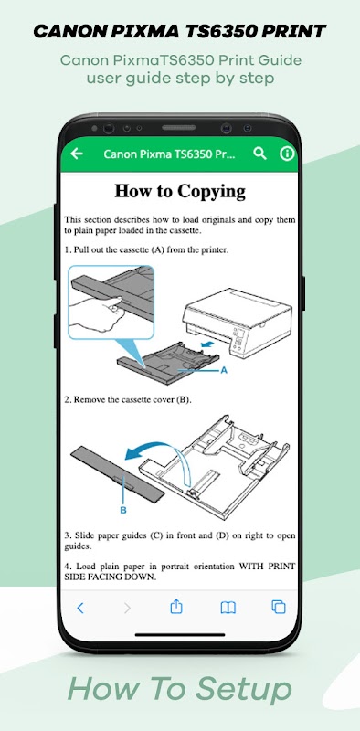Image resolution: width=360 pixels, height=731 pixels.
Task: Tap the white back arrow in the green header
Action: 77,154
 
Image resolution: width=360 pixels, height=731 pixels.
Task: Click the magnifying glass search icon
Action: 259,154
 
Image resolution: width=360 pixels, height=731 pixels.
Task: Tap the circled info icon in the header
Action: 287,154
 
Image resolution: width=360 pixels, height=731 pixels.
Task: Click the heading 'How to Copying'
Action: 180,191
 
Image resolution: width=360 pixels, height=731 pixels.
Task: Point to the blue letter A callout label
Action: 223,370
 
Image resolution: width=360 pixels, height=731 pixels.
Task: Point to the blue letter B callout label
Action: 123,510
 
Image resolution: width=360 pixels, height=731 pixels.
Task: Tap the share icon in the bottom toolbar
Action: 175,607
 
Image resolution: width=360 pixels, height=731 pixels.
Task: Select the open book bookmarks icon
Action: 228,607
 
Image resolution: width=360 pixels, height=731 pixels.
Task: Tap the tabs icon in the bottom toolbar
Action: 279,607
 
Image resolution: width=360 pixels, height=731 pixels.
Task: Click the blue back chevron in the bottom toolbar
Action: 80,608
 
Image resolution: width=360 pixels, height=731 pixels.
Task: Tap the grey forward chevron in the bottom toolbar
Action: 128,608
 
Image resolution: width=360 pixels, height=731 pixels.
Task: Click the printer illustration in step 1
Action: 238,322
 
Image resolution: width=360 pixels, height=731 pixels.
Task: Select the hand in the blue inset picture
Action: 97,313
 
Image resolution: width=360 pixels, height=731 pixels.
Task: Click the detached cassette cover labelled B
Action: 118,473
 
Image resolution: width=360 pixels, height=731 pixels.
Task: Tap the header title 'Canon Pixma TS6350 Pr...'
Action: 169,154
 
